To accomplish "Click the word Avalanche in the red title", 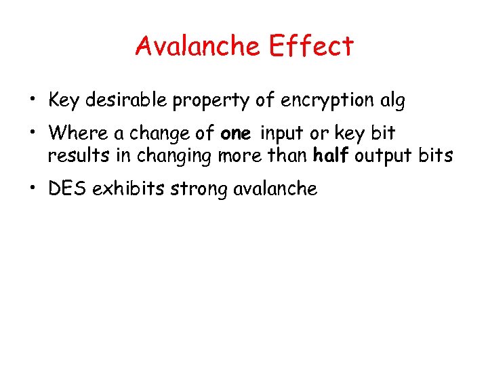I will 197,46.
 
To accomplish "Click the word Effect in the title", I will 311,46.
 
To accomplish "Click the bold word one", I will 235,132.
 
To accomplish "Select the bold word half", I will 330,155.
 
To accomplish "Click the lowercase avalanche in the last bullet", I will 275,188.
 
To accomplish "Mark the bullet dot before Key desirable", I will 31,101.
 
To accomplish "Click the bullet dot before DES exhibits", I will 31,189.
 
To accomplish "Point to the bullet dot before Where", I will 31,132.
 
